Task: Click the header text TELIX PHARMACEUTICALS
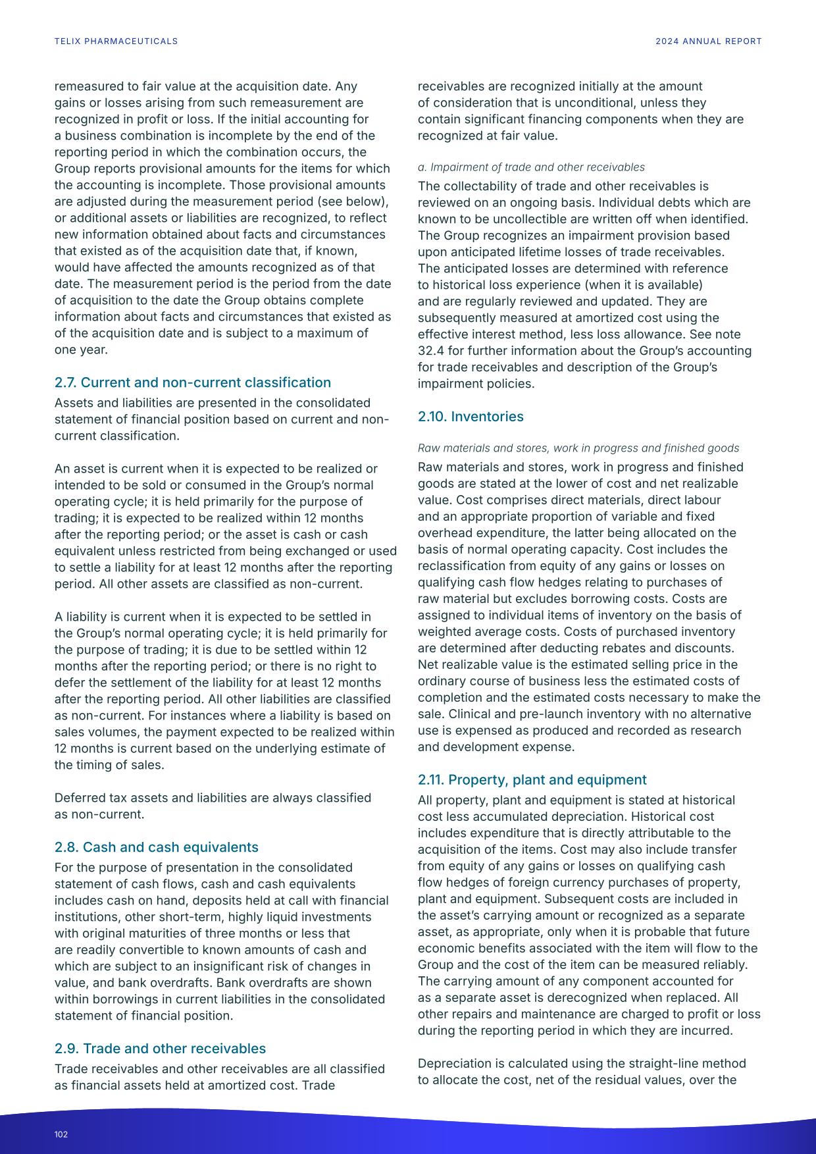tap(116, 41)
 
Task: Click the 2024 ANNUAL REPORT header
tap(708, 41)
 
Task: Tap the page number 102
tap(61, 1134)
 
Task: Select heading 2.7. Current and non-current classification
tap(192, 382)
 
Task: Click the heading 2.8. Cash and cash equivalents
tap(156, 847)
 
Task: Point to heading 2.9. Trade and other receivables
tap(160, 1049)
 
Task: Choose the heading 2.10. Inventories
tap(471, 417)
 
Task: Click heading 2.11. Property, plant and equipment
tap(532, 780)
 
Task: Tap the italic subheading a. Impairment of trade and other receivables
tap(531, 167)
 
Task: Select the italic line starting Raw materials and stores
tap(578, 448)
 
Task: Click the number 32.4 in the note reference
tap(430, 351)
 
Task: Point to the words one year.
tap(80, 350)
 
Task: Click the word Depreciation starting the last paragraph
tap(454, 1064)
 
